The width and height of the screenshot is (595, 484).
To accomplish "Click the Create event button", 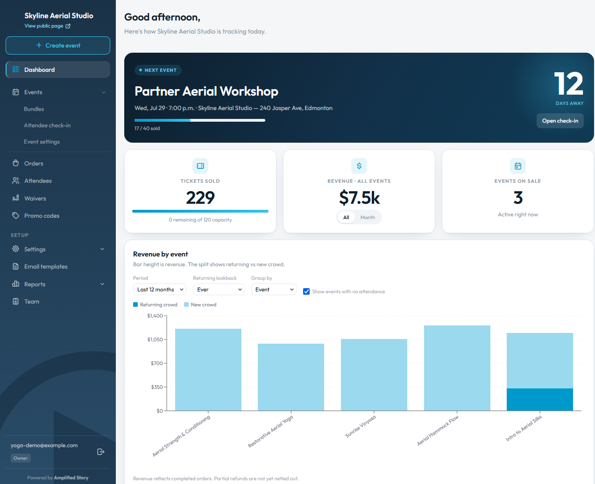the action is tap(58, 45).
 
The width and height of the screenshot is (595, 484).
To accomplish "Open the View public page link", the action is tap(47, 26).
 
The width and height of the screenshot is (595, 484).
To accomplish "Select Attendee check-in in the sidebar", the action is tap(47, 125).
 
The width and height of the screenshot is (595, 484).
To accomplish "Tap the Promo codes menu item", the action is tap(42, 216).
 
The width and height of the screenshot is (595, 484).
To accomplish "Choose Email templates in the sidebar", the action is tap(46, 267).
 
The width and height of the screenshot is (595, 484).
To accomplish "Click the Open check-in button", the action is tap(560, 121).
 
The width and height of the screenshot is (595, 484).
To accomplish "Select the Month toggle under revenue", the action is tap(368, 217).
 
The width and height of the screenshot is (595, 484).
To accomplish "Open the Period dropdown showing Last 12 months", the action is tap(160, 290).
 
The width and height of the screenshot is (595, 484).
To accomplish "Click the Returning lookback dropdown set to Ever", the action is tap(219, 290).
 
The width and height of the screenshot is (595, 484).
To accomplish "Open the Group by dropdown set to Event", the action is tap(274, 290).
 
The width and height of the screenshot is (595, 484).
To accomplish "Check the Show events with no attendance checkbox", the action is tap(306, 291).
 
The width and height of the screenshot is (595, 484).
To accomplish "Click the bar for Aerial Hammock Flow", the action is tap(457, 368).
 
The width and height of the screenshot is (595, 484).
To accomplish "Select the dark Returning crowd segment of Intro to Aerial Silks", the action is tap(540, 400).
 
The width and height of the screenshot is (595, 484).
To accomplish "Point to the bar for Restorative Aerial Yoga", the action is tap(291, 377).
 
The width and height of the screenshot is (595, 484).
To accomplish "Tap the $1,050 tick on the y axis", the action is tap(155, 339).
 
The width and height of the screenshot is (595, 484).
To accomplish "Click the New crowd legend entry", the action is tap(200, 305).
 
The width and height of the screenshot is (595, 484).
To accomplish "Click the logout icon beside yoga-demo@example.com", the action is tap(101, 452).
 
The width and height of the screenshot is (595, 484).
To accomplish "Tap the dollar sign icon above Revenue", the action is tap(359, 166).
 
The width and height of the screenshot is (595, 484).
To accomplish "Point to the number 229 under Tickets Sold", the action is tap(200, 198).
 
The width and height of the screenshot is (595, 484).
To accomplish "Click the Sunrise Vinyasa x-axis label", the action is tap(361, 426).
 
